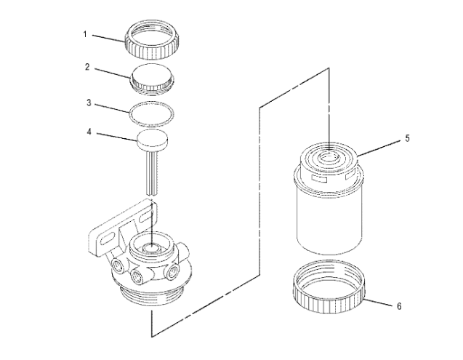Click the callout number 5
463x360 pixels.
pos(407,137)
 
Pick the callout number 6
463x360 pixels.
pos(398,306)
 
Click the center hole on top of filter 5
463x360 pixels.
pos(329,153)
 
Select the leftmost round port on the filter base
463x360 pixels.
pos(117,263)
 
